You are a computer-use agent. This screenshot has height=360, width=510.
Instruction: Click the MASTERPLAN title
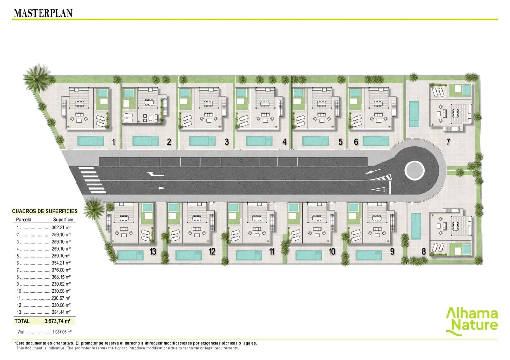tap(43, 13)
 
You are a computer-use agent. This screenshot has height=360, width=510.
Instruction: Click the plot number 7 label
tap(448, 142)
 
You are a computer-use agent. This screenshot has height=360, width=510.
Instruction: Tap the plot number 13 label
tap(153, 251)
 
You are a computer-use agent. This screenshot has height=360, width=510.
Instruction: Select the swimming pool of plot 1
tap(91, 141)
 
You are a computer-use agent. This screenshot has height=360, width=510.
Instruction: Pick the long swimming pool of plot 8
tap(416, 226)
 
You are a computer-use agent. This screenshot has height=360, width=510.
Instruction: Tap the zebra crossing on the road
tap(92, 180)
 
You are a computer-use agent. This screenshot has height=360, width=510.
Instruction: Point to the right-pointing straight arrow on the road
tap(157, 188)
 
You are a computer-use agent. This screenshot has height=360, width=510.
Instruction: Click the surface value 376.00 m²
tap(61, 270)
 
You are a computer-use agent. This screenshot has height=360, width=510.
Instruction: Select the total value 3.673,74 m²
tap(57, 321)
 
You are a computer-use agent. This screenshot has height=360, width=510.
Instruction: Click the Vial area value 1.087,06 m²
tap(62, 332)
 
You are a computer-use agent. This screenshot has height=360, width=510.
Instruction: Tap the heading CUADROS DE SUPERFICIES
tap(45, 211)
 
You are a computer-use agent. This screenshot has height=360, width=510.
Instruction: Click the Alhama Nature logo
tap(471, 321)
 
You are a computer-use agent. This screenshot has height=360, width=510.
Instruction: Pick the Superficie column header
tap(63, 220)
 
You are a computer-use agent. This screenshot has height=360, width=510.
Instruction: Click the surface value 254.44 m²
tap(61, 312)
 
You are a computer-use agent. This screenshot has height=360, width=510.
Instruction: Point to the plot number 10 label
tap(332, 251)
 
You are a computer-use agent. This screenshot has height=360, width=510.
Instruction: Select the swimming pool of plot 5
tap(316, 141)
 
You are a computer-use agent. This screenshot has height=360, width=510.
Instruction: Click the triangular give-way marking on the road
tap(378, 189)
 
